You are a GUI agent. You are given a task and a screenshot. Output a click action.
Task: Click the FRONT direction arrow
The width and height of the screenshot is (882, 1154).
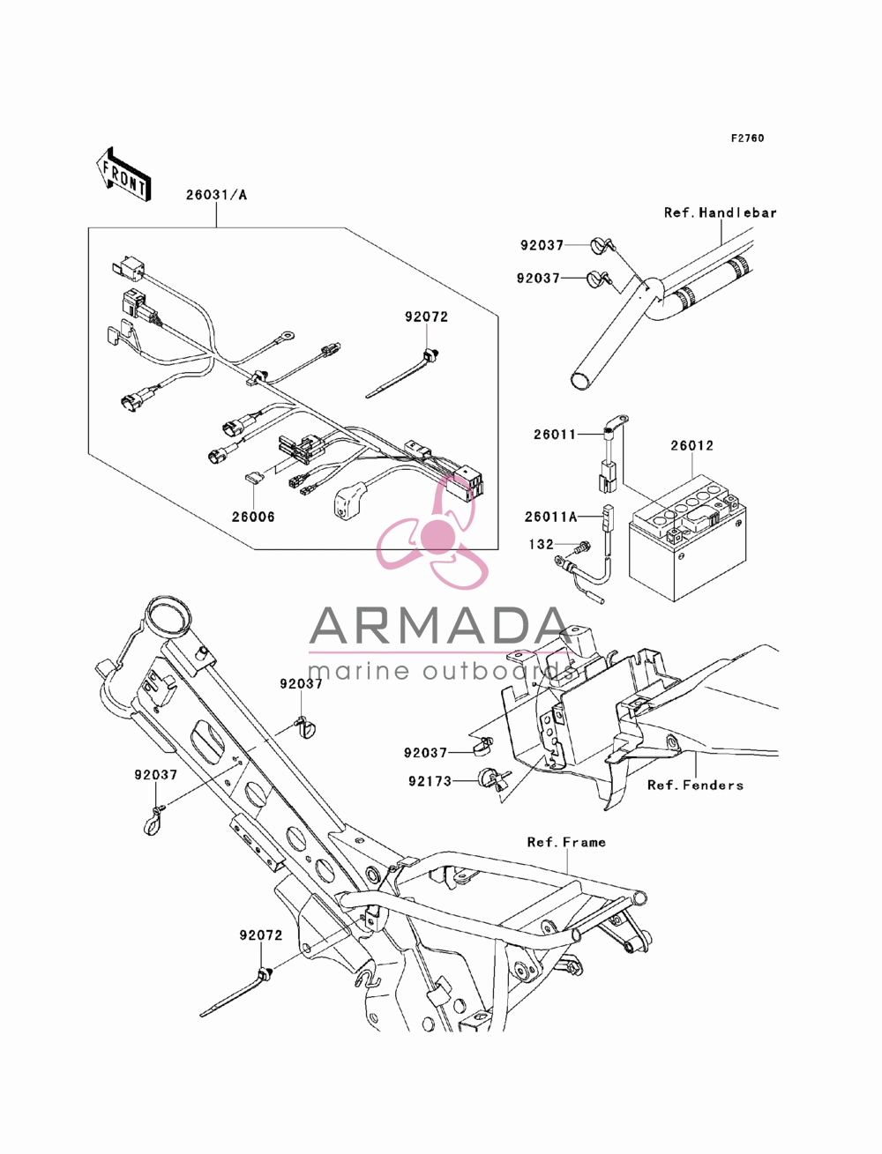[x=123, y=174]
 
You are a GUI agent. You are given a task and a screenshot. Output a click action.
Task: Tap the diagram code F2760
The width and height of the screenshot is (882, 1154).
[x=747, y=138]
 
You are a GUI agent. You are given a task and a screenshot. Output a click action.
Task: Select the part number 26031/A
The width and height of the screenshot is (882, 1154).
[x=216, y=195]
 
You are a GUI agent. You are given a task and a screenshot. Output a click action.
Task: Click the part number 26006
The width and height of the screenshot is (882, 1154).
[x=253, y=517]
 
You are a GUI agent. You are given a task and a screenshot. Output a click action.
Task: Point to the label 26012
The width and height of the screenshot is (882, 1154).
[x=692, y=445]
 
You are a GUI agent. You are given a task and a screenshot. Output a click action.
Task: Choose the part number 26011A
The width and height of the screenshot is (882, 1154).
[x=551, y=517]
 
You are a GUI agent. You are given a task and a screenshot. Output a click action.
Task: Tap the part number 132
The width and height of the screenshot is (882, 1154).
[x=542, y=544]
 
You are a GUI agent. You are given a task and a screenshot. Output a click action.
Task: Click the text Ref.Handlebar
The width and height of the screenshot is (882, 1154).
[x=720, y=212]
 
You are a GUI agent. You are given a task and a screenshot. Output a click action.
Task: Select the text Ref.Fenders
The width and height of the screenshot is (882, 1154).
[x=695, y=785]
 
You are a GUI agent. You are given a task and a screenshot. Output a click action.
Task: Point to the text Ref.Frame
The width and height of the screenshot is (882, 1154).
[x=566, y=842]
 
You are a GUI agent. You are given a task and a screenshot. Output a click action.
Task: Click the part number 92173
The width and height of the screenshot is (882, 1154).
[x=430, y=781]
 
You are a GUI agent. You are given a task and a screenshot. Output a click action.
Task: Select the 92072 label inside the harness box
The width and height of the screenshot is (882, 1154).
[x=426, y=316]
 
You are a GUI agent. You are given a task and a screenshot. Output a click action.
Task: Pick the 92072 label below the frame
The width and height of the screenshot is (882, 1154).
[x=261, y=934]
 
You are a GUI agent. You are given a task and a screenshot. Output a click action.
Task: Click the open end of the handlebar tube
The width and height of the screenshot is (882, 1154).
[x=580, y=381]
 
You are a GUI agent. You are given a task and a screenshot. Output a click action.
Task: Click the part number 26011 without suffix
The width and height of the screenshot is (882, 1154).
[x=555, y=435]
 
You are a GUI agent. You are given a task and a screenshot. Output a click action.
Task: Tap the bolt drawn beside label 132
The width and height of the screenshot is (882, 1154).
[x=584, y=547]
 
